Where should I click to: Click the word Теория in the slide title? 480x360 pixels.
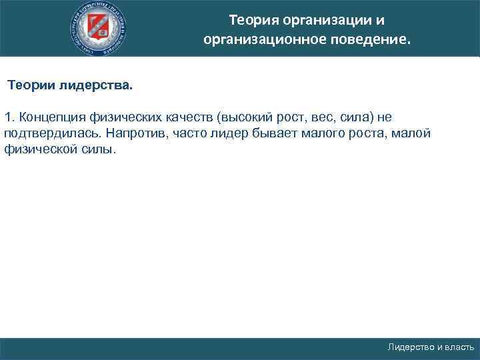coord(251,19)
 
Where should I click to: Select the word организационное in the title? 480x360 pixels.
coord(265,40)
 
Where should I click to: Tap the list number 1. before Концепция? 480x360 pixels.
coord(9,117)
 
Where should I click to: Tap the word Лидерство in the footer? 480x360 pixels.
coord(411,347)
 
